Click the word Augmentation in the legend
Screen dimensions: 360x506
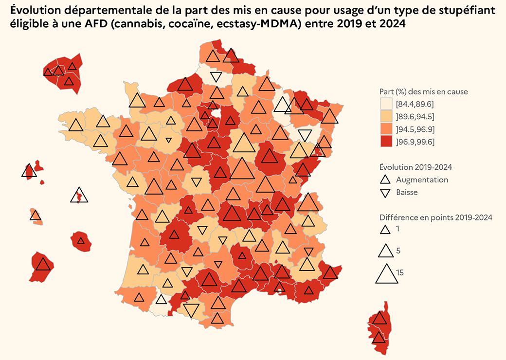click(422, 180)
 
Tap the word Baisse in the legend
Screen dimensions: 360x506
click(407, 192)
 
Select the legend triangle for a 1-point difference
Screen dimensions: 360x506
click(385, 229)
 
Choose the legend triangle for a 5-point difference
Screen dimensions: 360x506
click(385, 251)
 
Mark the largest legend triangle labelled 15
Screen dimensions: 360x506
click(386, 274)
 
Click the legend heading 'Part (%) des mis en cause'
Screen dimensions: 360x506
click(423, 91)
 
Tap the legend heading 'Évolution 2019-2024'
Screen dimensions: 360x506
click(416, 167)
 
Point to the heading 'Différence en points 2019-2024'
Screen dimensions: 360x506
click(436, 217)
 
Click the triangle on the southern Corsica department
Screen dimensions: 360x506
click(379, 337)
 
